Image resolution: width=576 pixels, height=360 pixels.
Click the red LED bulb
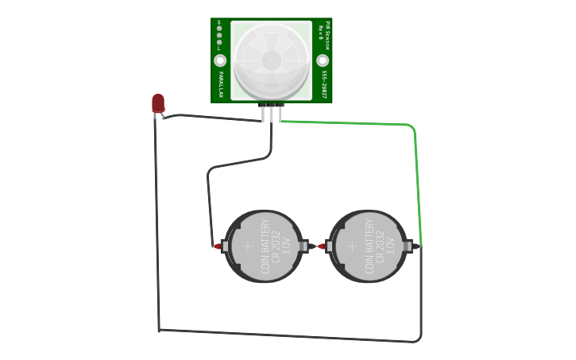158,103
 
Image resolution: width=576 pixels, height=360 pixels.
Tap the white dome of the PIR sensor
271,60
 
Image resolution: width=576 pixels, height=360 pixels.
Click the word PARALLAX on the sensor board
220,84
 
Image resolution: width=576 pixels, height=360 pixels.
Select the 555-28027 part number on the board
324,84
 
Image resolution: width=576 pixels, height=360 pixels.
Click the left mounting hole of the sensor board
220,60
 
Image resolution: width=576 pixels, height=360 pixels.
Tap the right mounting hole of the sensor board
323,60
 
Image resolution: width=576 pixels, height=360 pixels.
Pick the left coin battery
263,246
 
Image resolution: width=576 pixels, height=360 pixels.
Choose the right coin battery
367,246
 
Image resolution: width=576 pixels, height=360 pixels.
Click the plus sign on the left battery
247,246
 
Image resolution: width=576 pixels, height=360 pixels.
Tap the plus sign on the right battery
351,246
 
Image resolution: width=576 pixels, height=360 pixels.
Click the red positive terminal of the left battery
217,246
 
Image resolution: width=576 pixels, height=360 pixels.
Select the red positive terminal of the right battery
321,246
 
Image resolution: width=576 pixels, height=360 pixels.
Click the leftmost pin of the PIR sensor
263,114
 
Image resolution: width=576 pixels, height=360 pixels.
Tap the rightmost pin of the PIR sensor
280,114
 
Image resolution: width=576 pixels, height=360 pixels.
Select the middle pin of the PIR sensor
271,114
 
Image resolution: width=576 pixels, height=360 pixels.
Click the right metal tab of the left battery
303,246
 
